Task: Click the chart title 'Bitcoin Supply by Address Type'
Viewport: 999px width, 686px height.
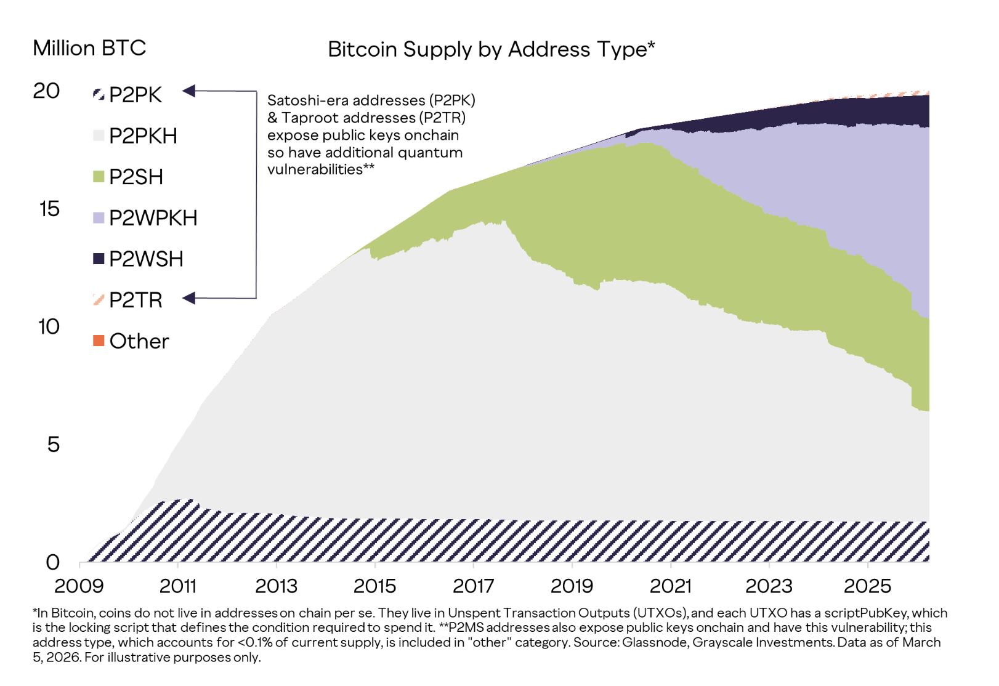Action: click(491, 49)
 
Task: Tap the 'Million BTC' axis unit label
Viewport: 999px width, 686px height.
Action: click(89, 48)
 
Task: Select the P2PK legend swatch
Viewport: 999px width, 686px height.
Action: click(99, 94)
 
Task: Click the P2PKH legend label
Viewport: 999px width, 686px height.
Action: click(143, 135)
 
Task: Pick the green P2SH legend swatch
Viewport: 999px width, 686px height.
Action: click(99, 177)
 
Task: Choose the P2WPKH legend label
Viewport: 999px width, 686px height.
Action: click(153, 218)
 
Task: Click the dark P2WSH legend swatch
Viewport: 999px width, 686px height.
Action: click(99, 259)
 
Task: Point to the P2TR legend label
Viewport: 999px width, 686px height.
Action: click(135, 300)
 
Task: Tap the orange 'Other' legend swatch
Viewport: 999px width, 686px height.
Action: click(99, 341)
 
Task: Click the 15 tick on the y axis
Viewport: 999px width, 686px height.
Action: click(49, 209)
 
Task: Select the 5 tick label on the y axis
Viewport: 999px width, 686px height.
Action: click(54, 445)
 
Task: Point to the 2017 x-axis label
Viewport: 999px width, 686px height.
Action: click(473, 586)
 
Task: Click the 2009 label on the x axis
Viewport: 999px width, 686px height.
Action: click(79, 586)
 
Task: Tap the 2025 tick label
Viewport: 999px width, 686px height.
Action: click(867, 586)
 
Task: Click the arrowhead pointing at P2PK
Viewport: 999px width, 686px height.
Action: click(189, 91)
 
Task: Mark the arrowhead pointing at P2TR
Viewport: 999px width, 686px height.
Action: click(189, 299)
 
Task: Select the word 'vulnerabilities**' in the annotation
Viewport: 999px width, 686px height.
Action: click(321, 169)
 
